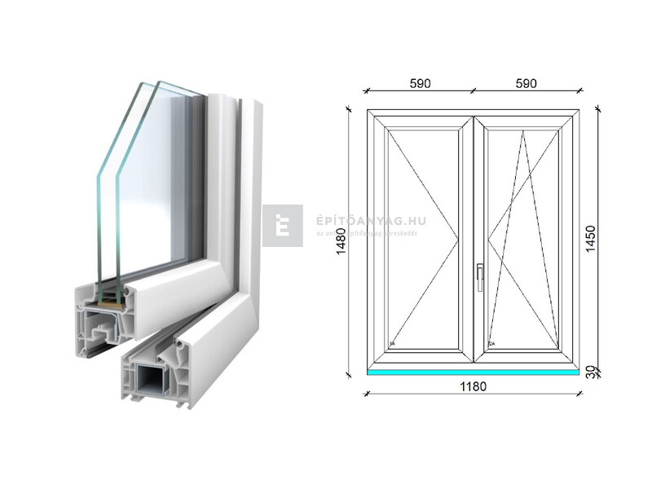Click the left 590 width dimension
(x=420, y=84)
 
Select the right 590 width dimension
(x=526, y=84)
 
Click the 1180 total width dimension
(x=473, y=386)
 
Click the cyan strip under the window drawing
(x=473, y=372)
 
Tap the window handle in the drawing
(x=480, y=275)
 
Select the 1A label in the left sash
(x=392, y=345)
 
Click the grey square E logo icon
(x=283, y=226)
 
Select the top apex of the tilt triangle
(x=523, y=130)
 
